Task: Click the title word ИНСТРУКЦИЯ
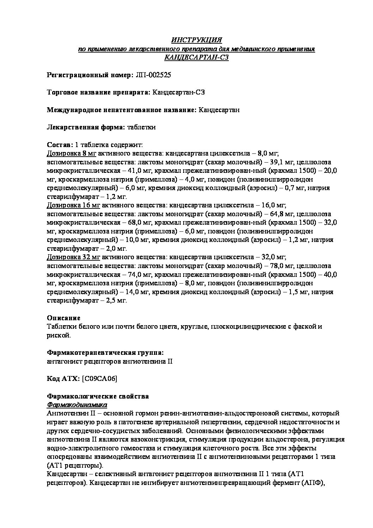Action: pyautogui.click(x=196, y=40)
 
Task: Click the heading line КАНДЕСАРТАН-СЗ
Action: pyautogui.click(x=196, y=57)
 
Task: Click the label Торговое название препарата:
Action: pyautogui.click(x=98, y=92)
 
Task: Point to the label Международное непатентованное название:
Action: pyautogui.click(x=122, y=110)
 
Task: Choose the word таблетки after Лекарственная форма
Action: pyautogui.click(x=141, y=127)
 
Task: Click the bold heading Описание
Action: pyautogui.click(x=63, y=318)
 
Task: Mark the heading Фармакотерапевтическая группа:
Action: pyautogui.click(x=105, y=353)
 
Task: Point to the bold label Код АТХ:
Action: pyautogui.click(x=63, y=379)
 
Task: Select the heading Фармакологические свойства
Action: pyautogui.click(x=98, y=396)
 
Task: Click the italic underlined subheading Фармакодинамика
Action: pyautogui.click(x=77, y=405)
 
